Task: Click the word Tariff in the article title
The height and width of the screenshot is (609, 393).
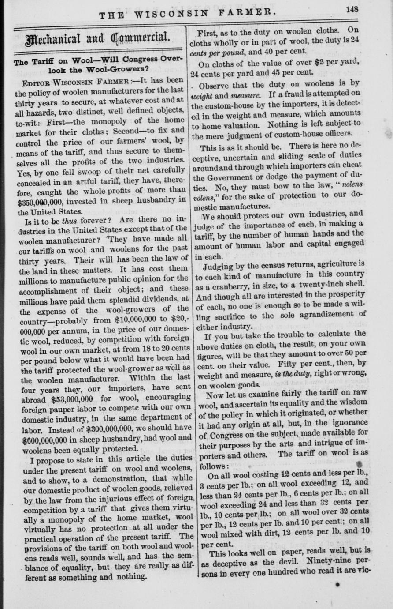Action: pos(44,62)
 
